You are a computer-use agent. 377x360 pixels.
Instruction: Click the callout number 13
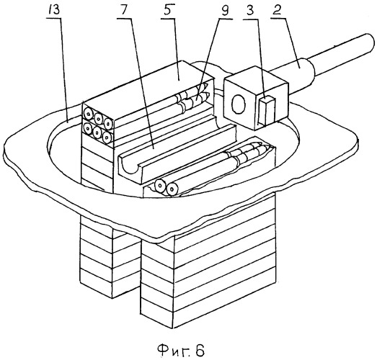point(54,11)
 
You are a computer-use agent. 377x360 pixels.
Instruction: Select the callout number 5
point(168,12)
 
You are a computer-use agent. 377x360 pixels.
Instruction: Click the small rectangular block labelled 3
point(266,111)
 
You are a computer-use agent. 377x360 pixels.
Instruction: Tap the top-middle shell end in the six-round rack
point(98,117)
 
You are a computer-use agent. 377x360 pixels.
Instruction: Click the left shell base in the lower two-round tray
point(159,185)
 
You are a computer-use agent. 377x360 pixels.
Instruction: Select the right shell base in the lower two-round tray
point(172,189)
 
